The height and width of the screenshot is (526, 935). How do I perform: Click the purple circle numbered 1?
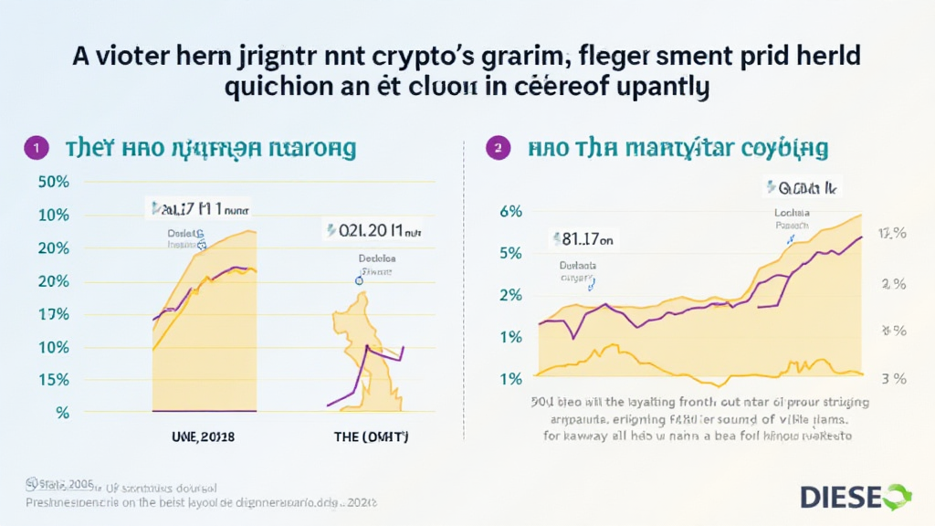coord(35,146)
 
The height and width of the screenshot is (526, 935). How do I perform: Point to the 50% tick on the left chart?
coord(54,181)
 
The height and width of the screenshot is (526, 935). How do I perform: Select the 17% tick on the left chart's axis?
coord(54,314)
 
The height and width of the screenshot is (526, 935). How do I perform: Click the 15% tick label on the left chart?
coord(54,380)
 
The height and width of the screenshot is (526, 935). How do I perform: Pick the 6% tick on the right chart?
coord(510,211)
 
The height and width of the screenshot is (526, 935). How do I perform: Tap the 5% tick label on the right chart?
coord(510,253)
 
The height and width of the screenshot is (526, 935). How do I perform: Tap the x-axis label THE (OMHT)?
coord(371,437)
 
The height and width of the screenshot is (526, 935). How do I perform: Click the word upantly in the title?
coord(654,89)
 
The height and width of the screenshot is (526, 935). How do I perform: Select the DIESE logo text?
coord(840,498)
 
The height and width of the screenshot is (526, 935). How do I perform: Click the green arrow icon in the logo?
coord(896,497)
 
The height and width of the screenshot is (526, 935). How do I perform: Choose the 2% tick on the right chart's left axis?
coord(510,295)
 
